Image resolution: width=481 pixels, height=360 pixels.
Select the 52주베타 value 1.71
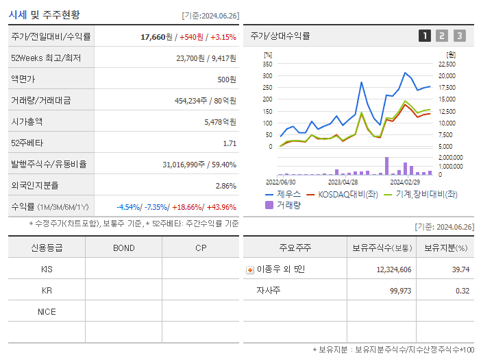(x=230, y=143)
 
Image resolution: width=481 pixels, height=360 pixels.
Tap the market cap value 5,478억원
(x=220, y=122)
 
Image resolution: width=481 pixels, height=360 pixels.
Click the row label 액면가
(x=23, y=79)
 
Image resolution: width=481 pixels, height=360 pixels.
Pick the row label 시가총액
(x=27, y=122)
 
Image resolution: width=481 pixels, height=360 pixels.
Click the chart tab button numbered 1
(x=425, y=36)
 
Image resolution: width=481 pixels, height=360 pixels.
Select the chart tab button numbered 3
(x=459, y=36)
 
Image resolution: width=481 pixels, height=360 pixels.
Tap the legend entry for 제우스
(x=284, y=194)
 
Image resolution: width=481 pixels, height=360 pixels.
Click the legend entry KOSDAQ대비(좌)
(x=343, y=194)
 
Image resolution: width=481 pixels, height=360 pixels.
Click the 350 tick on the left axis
(x=268, y=63)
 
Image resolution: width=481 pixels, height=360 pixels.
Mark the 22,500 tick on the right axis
(x=446, y=64)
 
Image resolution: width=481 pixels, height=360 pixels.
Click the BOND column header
(x=123, y=248)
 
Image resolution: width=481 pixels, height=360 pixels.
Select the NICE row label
(x=47, y=311)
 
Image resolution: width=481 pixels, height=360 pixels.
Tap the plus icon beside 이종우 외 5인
(x=250, y=270)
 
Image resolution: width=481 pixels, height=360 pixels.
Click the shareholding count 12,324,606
(x=394, y=269)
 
